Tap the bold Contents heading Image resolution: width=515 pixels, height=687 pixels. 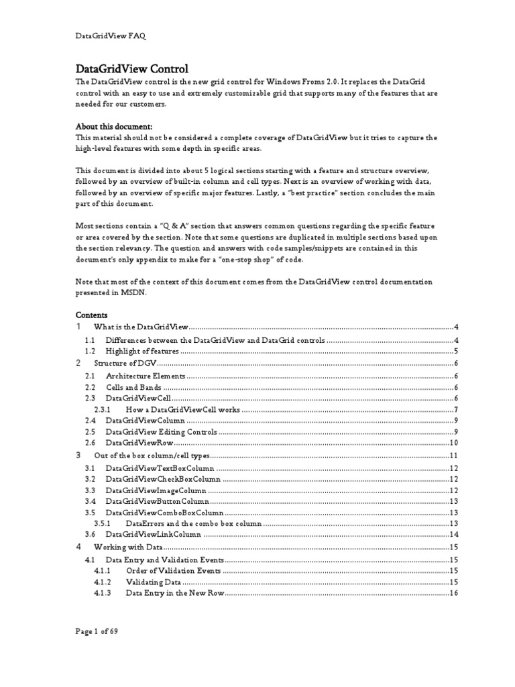click(91, 314)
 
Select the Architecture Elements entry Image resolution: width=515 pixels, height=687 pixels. click(146, 376)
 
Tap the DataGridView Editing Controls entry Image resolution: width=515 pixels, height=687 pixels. click(162, 431)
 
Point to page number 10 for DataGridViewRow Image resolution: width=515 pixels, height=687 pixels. click(453, 443)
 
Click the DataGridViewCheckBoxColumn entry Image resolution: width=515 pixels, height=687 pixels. click(163, 479)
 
